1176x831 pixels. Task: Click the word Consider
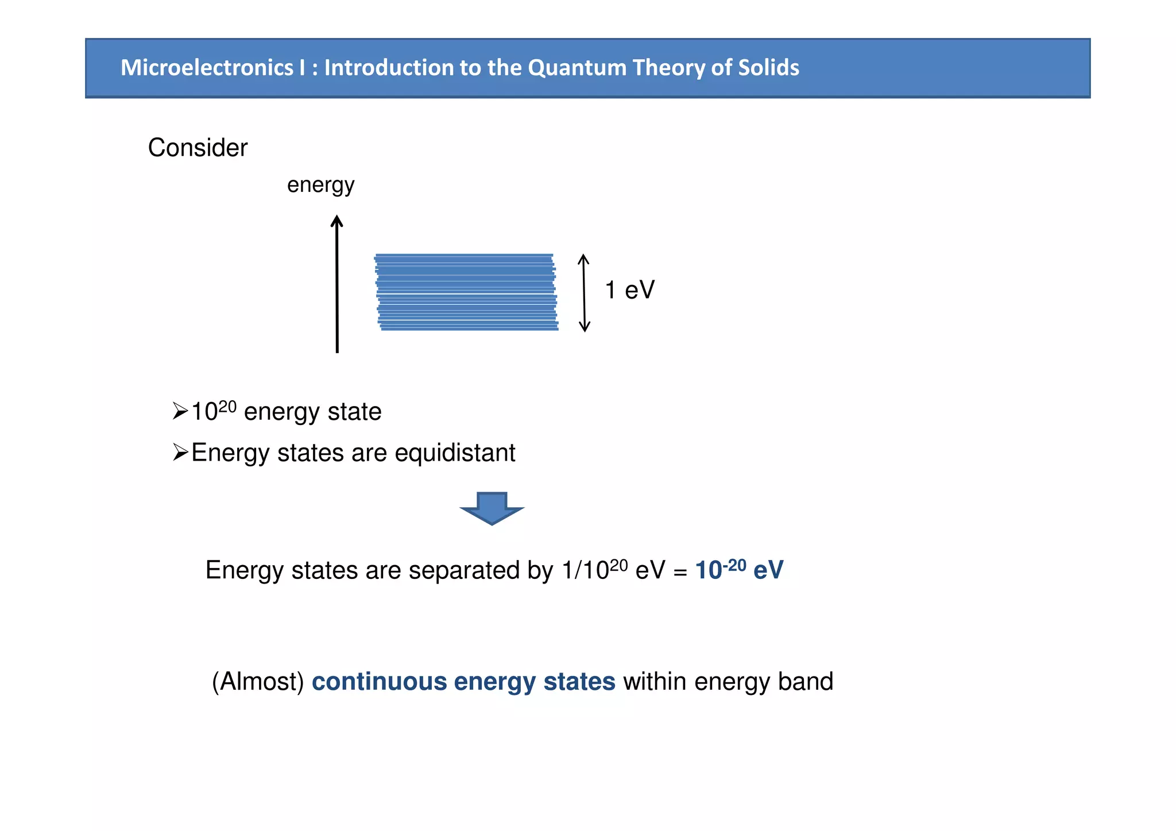pyautogui.click(x=198, y=148)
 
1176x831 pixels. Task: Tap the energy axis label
pyautogui.click(x=320, y=185)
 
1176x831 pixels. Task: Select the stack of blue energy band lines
pyautogui.click(x=466, y=292)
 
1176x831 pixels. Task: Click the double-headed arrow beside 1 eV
pyautogui.click(x=584, y=292)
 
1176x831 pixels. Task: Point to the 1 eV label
pyautogui.click(x=629, y=290)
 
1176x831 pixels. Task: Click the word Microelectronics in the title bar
pyautogui.click(x=207, y=68)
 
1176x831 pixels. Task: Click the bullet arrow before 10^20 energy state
pyautogui.click(x=180, y=412)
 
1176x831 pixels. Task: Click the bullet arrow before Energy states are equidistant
pyautogui.click(x=180, y=453)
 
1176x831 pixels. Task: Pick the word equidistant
pyautogui.click(x=455, y=453)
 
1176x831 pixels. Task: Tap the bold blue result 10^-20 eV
pyautogui.click(x=738, y=570)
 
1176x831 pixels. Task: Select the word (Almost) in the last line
pyautogui.click(x=258, y=682)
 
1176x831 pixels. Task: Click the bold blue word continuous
pyautogui.click(x=379, y=682)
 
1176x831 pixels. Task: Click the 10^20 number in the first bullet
pyautogui.click(x=213, y=411)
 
